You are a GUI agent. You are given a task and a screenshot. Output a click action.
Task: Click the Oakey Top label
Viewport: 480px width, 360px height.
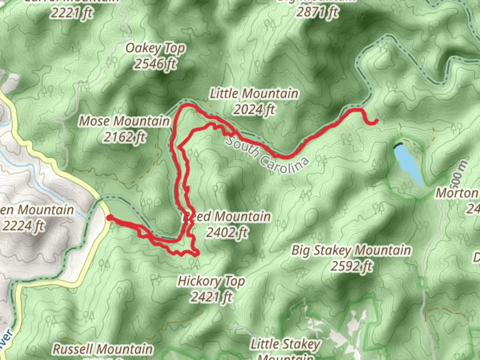[x=155, y=49]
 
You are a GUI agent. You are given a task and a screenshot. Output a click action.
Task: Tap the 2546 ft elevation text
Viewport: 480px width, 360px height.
[x=155, y=64]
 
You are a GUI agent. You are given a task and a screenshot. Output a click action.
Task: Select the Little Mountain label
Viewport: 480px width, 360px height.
[x=254, y=94]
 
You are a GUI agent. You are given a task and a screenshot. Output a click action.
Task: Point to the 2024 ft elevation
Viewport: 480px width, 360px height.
[x=254, y=109]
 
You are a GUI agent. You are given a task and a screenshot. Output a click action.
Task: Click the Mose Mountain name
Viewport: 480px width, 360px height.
[x=124, y=121]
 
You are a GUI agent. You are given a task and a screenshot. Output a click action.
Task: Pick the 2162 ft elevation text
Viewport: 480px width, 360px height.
[x=124, y=137]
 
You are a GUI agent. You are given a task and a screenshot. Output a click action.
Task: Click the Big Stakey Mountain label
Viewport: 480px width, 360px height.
[x=351, y=250]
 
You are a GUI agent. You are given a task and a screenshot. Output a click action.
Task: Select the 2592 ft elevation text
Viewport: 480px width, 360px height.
[x=351, y=266]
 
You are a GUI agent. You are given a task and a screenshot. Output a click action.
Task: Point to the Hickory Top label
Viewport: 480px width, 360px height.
[x=211, y=281]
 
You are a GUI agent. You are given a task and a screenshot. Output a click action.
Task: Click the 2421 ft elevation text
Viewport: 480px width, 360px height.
[x=211, y=296]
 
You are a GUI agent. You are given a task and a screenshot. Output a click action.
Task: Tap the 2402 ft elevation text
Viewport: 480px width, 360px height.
[x=227, y=232]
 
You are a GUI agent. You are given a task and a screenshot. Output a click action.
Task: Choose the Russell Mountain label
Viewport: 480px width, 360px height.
[x=103, y=349]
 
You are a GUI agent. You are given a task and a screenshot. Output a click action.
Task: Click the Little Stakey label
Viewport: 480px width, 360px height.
[x=285, y=344]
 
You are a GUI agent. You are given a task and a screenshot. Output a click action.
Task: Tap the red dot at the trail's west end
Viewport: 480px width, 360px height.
[x=109, y=218]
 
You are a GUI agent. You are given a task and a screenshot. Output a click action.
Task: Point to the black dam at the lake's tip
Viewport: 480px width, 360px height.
[x=398, y=146]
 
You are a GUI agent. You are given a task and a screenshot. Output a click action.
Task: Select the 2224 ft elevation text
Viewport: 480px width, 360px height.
[x=23, y=226]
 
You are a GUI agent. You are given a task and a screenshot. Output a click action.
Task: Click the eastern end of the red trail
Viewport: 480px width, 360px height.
[x=376, y=121]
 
